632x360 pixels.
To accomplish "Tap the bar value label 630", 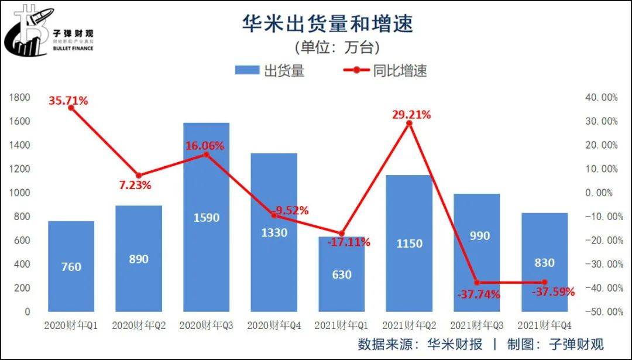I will [341, 274].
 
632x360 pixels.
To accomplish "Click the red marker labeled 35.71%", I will [71, 108].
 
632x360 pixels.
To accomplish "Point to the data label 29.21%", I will [411, 115].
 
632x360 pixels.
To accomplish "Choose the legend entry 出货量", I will [270, 71].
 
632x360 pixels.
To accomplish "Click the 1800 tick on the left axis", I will [19, 98].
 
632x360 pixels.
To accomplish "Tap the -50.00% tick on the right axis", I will [601, 312].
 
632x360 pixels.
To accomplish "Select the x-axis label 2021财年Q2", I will [410, 325].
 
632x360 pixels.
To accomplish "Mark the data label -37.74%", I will [479, 294].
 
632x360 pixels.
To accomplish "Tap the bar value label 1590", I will [206, 218].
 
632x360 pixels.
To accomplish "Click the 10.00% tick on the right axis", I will [602, 169].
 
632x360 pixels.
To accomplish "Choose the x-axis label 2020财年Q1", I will [71, 325].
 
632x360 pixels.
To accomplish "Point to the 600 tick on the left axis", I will [21, 241].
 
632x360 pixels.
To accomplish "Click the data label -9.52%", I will [290, 211].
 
